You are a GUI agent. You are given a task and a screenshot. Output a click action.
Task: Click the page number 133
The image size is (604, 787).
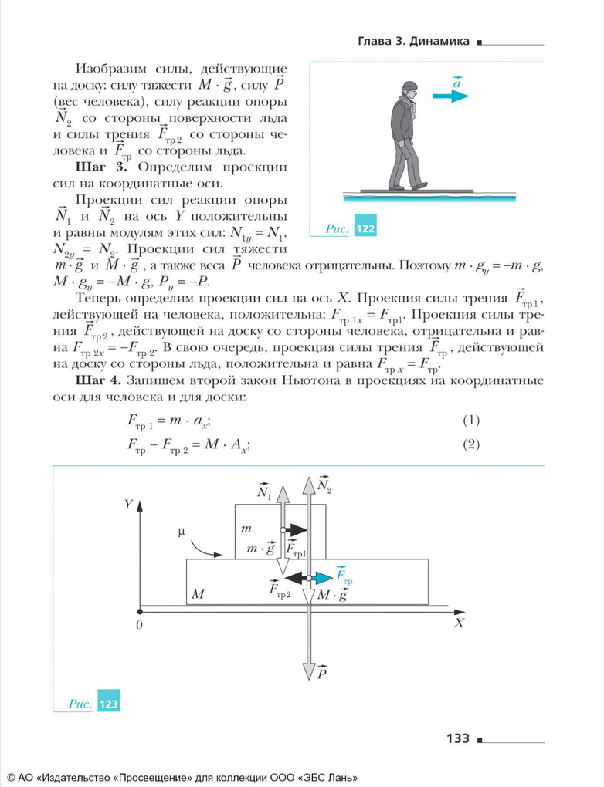(457, 738)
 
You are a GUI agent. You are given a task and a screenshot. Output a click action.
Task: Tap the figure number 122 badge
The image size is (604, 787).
(365, 228)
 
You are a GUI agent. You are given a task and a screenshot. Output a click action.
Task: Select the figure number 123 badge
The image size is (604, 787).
(109, 704)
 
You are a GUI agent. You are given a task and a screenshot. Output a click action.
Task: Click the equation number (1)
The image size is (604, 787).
(471, 421)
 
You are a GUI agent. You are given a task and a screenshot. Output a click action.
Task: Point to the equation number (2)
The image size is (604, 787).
(471, 444)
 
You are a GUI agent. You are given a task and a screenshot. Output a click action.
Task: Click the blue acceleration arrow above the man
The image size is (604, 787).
(451, 96)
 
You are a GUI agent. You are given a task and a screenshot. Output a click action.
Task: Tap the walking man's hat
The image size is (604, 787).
(408, 86)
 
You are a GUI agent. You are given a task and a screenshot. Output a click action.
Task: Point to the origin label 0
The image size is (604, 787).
(139, 624)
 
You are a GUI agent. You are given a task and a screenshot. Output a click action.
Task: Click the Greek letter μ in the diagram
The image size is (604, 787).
(182, 532)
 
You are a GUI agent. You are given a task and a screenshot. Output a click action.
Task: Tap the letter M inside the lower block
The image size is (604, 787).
(197, 596)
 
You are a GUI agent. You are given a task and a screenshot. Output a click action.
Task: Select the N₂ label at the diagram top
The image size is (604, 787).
(324, 485)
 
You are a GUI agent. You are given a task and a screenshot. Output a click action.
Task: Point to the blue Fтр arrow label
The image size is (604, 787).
(343, 575)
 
